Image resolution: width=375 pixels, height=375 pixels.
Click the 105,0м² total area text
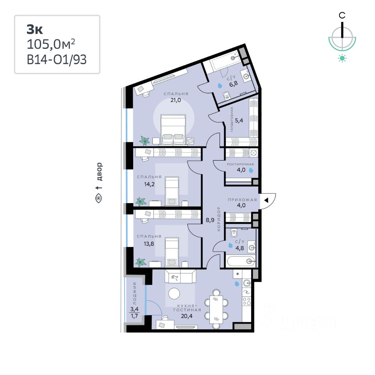(51, 44)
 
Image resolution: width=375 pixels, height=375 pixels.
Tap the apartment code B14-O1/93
(57, 59)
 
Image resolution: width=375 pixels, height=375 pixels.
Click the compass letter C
(342, 16)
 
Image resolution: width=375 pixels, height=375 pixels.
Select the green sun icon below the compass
(342, 58)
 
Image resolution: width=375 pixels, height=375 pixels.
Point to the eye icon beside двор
(98, 198)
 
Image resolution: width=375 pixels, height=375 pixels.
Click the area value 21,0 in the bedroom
(175, 100)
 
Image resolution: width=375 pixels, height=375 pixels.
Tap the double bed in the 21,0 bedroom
(173, 130)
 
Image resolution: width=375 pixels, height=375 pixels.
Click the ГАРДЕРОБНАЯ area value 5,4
(239, 120)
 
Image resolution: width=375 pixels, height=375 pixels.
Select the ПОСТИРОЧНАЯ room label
(240, 164)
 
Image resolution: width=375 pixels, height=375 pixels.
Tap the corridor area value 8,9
(210, 220)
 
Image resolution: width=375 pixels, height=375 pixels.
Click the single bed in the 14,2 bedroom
(172, 191)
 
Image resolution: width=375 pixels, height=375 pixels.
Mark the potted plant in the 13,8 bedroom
(141, 262)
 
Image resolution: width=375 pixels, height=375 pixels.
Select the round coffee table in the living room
(174, 293)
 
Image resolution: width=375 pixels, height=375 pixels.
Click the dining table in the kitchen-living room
(216, 309)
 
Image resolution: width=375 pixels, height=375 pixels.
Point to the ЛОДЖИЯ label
(135, 293)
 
